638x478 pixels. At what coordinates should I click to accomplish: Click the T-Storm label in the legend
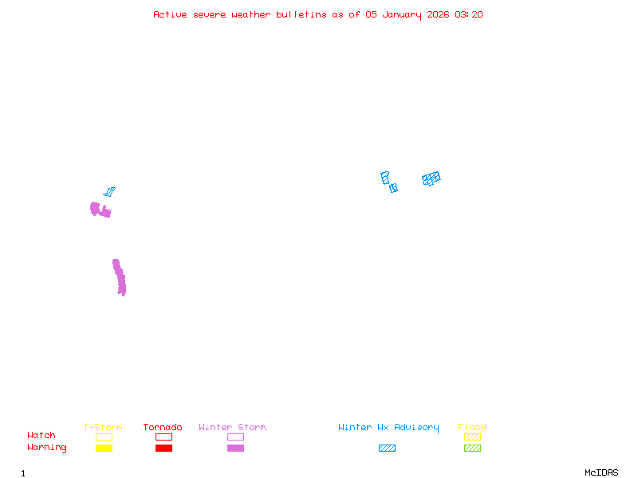tap(103, 428)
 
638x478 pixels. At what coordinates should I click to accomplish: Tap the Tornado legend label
tap(163, 428)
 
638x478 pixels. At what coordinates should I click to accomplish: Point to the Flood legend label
tap(472, 428)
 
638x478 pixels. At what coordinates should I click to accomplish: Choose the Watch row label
tap(41, 436)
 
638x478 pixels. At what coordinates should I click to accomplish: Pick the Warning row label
tap(47, 448)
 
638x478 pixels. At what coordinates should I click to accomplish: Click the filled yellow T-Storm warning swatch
tap(104, 448)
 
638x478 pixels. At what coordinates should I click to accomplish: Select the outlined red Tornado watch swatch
tap(163, 437)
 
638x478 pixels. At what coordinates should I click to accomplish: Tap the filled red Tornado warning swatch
tap(163, 448)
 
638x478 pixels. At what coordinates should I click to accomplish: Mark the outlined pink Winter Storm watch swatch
tap(235, 437)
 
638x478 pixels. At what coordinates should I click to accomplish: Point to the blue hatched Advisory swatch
tap(387, 448)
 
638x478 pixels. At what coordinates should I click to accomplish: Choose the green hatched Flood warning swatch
tap(472, 448)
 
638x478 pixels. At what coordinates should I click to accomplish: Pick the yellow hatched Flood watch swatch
tap(472, 437)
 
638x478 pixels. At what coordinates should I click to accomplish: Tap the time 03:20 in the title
tap(469, 14)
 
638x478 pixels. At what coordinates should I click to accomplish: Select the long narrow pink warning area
tap(120, 277)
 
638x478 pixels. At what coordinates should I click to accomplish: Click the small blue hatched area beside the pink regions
tap(109, 191)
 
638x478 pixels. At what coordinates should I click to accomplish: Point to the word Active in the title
tap(171, 14)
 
